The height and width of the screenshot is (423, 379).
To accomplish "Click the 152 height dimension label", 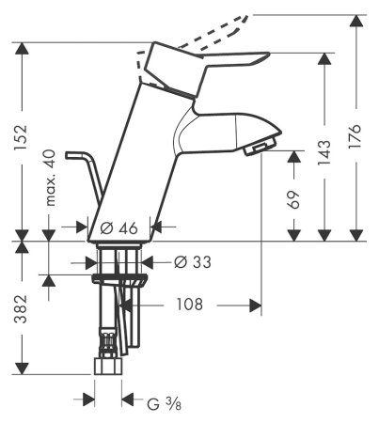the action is [x=23, y=137].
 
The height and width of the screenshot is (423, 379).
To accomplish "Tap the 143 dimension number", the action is [x=324, y=151].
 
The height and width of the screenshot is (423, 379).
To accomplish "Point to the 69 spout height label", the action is [x=293, y=199].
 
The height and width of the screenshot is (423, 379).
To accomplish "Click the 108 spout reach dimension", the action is [x=190, y=305].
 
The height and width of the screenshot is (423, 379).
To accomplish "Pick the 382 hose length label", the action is [x=22, y=308].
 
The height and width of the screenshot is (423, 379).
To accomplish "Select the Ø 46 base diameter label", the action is [x=118, y=227].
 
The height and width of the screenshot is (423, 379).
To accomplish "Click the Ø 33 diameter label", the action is [x=193, y=262].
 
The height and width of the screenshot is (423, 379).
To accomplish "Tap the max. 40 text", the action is [x=50, y=178].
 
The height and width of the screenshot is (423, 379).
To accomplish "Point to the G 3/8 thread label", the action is [x=164, y=403].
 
